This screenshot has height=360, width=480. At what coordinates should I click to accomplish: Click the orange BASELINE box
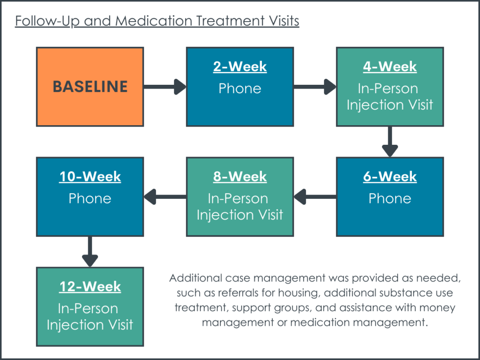(90, 87)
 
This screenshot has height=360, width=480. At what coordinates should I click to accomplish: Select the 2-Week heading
(240, 67)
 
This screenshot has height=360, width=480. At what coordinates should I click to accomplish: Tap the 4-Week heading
(390, 67)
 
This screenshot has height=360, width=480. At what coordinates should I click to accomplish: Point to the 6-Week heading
(390, 177)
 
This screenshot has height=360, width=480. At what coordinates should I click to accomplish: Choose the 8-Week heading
(240, 177)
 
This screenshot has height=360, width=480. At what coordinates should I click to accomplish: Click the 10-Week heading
(90, 177)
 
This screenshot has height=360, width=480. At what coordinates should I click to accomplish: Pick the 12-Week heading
(90, 287)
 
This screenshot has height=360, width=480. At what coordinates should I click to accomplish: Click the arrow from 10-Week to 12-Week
(90, 252)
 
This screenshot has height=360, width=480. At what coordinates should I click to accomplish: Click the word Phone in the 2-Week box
(240, 88)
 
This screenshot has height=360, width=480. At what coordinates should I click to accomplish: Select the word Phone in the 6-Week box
(390, 198)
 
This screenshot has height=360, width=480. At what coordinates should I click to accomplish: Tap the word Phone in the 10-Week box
(90, 198)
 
